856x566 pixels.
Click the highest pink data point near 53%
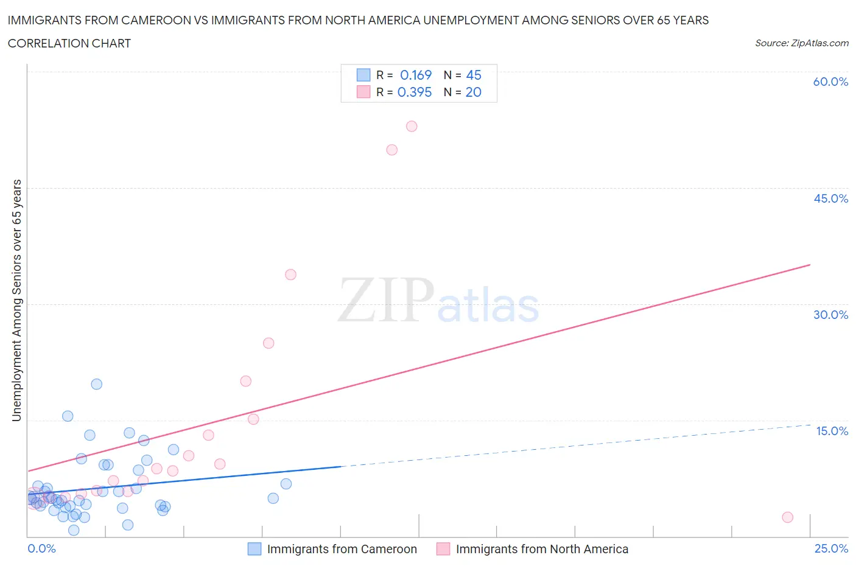point(412,127)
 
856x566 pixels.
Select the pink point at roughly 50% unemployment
point(392,150)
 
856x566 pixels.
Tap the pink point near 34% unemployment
point(290,274)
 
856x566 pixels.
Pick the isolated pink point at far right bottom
point(787,517)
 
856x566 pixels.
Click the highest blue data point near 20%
point(97,384)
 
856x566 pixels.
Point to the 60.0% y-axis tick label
point(830,82)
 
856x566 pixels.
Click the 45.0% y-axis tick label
point(830,198)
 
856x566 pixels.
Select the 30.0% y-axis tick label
point(830,315)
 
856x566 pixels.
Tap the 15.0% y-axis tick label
point(832,431)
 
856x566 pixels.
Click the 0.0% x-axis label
point(42,548)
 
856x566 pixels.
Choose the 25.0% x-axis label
point(831,548)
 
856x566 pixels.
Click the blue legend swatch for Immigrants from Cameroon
point(254,549)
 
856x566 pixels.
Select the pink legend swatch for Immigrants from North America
point(443,549)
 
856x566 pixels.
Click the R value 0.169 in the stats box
point(416,75)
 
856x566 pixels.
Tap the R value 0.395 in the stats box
point(415,92)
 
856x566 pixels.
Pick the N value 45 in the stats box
point(474,75)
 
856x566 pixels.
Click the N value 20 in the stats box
point(474,92)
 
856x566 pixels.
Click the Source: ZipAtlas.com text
point(801,43)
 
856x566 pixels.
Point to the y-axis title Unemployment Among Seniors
point(17,300)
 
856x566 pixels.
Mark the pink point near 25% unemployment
point(268,343)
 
